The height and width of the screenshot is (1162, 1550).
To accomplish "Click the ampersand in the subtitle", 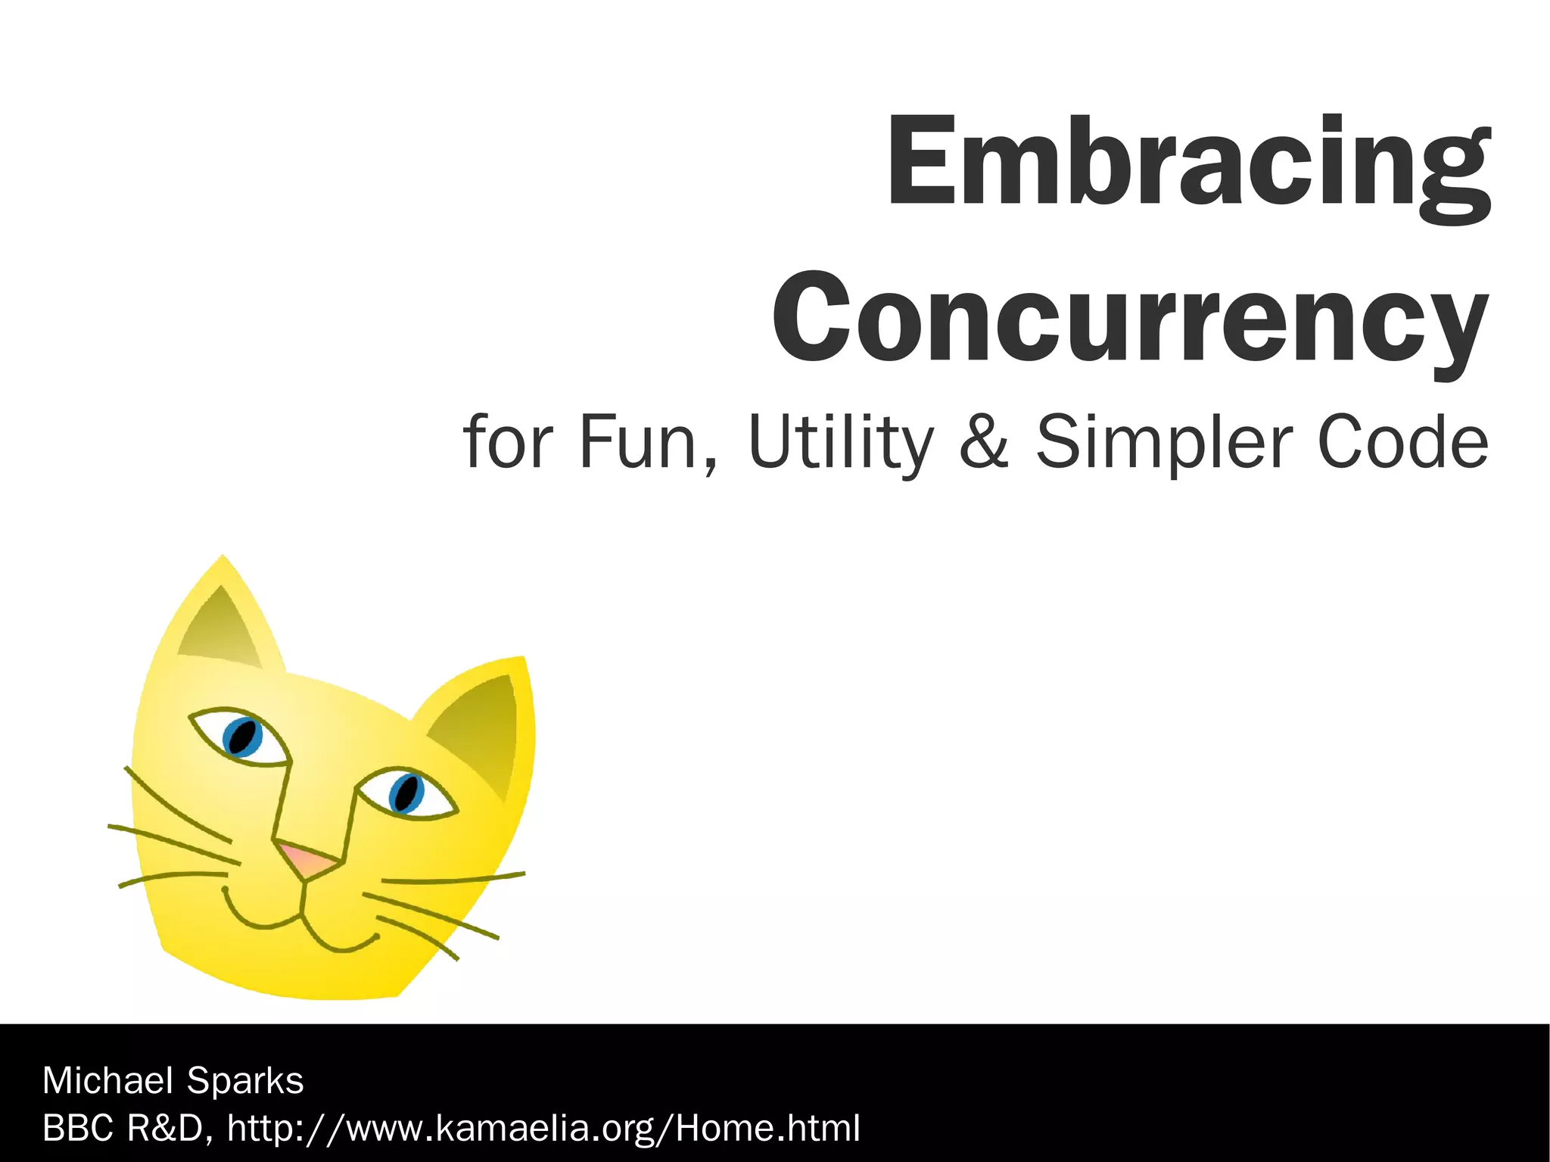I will click(983, 443).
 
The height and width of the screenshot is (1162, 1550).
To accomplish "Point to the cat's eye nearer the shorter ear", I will click(406, 793).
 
